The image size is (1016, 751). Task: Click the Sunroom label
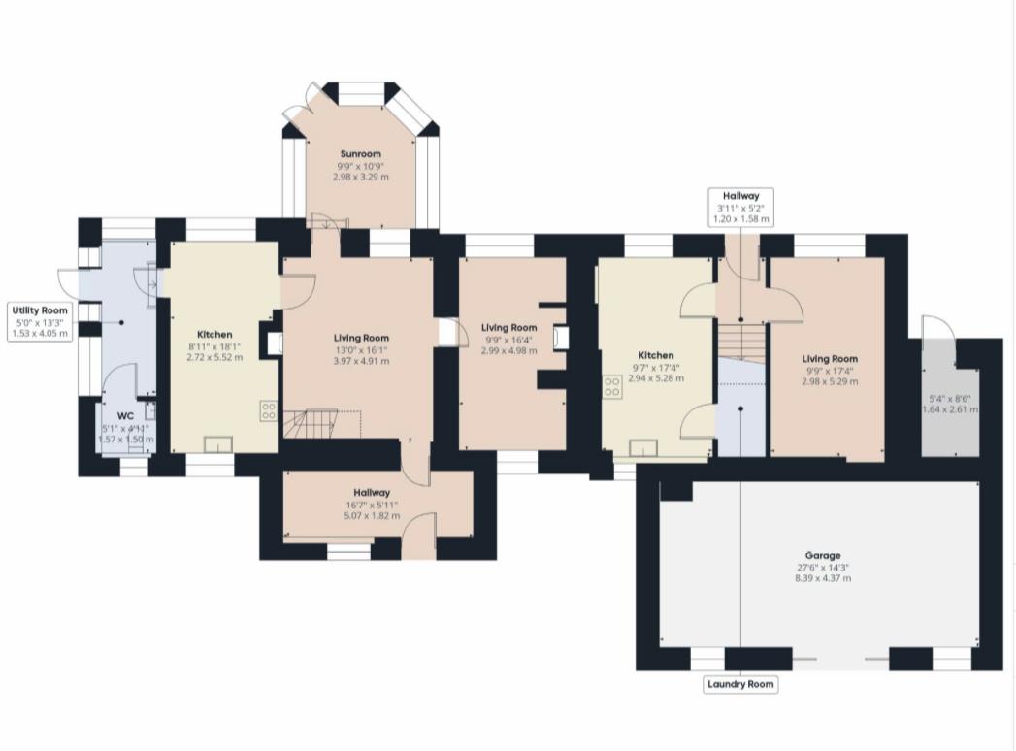tap(360, 153)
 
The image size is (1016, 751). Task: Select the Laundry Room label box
tap(741, 684)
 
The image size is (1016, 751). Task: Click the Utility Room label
tap(40, 310)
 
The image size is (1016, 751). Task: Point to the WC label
tap(126, 416)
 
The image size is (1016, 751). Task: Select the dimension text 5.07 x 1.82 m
tap(372, 516)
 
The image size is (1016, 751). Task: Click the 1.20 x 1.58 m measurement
tap(741, 220)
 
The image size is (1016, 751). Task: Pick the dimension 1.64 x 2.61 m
tap(949, 409)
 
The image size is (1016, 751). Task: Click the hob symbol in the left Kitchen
tap(268, 409)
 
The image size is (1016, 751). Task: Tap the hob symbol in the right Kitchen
tap(613, 386)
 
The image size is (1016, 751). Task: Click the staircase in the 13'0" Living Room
tap(311, 423)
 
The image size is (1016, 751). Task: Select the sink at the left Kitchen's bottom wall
tap(217, 444)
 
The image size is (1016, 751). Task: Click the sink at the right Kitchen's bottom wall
tap(642, 446)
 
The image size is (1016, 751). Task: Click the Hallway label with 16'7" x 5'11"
tap(372, 493)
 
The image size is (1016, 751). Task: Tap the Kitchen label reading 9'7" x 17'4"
tap(656, 356)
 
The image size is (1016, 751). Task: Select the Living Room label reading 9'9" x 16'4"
tap(509, 328)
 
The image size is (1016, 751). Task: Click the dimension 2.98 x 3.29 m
tap(360, 177)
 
